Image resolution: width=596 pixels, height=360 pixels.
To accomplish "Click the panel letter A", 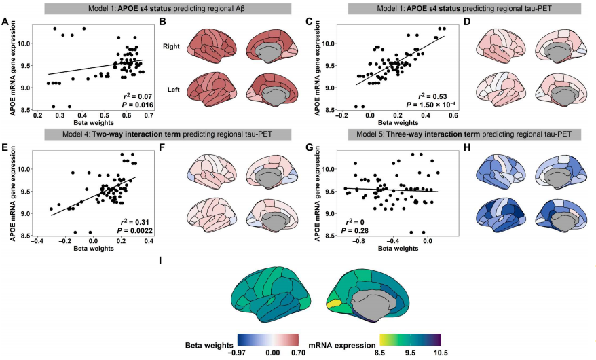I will pos(5,22).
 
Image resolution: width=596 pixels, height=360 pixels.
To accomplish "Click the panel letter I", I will pos(160,261).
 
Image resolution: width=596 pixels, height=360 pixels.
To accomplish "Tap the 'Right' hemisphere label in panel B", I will pos(173,47).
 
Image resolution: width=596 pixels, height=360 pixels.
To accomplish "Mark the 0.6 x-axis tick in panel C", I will pos(449,116).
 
